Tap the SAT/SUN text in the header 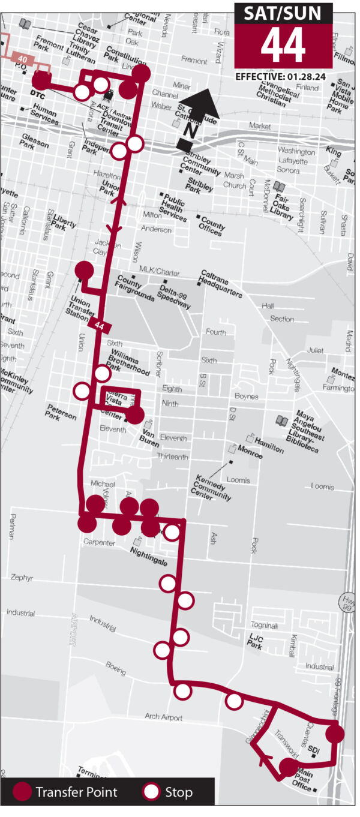(283, 13)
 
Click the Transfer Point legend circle (22, 792)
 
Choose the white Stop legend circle (152, 792)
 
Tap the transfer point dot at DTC (41, 80)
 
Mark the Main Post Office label (305, 780)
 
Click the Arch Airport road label (163, 716)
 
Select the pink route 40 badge (23, 59)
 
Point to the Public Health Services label (172, 207)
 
